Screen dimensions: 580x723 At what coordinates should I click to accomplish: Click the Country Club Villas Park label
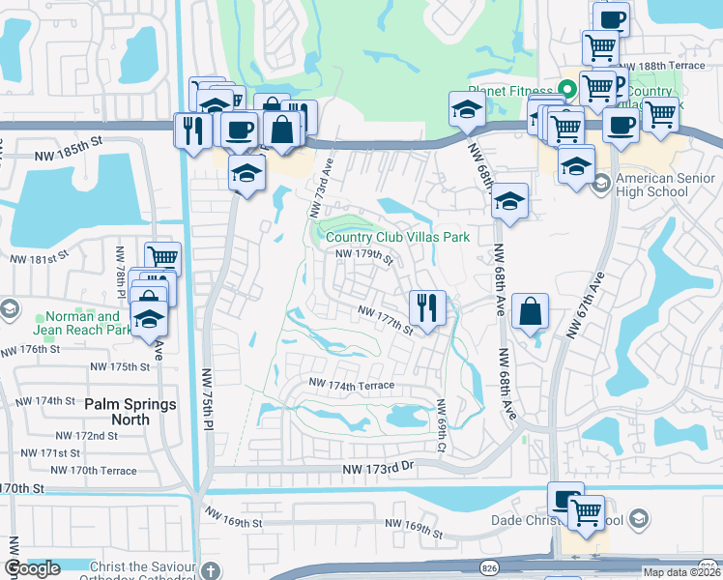pyautogui.click(x=397, y=237)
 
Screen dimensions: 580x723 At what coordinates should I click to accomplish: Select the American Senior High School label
pyautogui.click(x=665, y=185)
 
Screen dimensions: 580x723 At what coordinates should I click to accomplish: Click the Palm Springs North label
pyautogui.click(x=130, y=412)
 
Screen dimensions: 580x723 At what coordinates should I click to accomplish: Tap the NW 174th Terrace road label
pyautogui.click(x=352, y=385)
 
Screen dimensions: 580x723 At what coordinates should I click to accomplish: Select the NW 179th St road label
pyautogui.click(x=365, y=256)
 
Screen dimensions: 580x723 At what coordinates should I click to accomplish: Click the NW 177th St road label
pyautogui.click(x=386, y=320)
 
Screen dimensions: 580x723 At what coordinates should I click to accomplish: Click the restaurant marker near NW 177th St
pyautogui.click(x=426, y=308)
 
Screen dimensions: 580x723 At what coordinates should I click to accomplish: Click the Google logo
pyautogui.click(x=32, y=568)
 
